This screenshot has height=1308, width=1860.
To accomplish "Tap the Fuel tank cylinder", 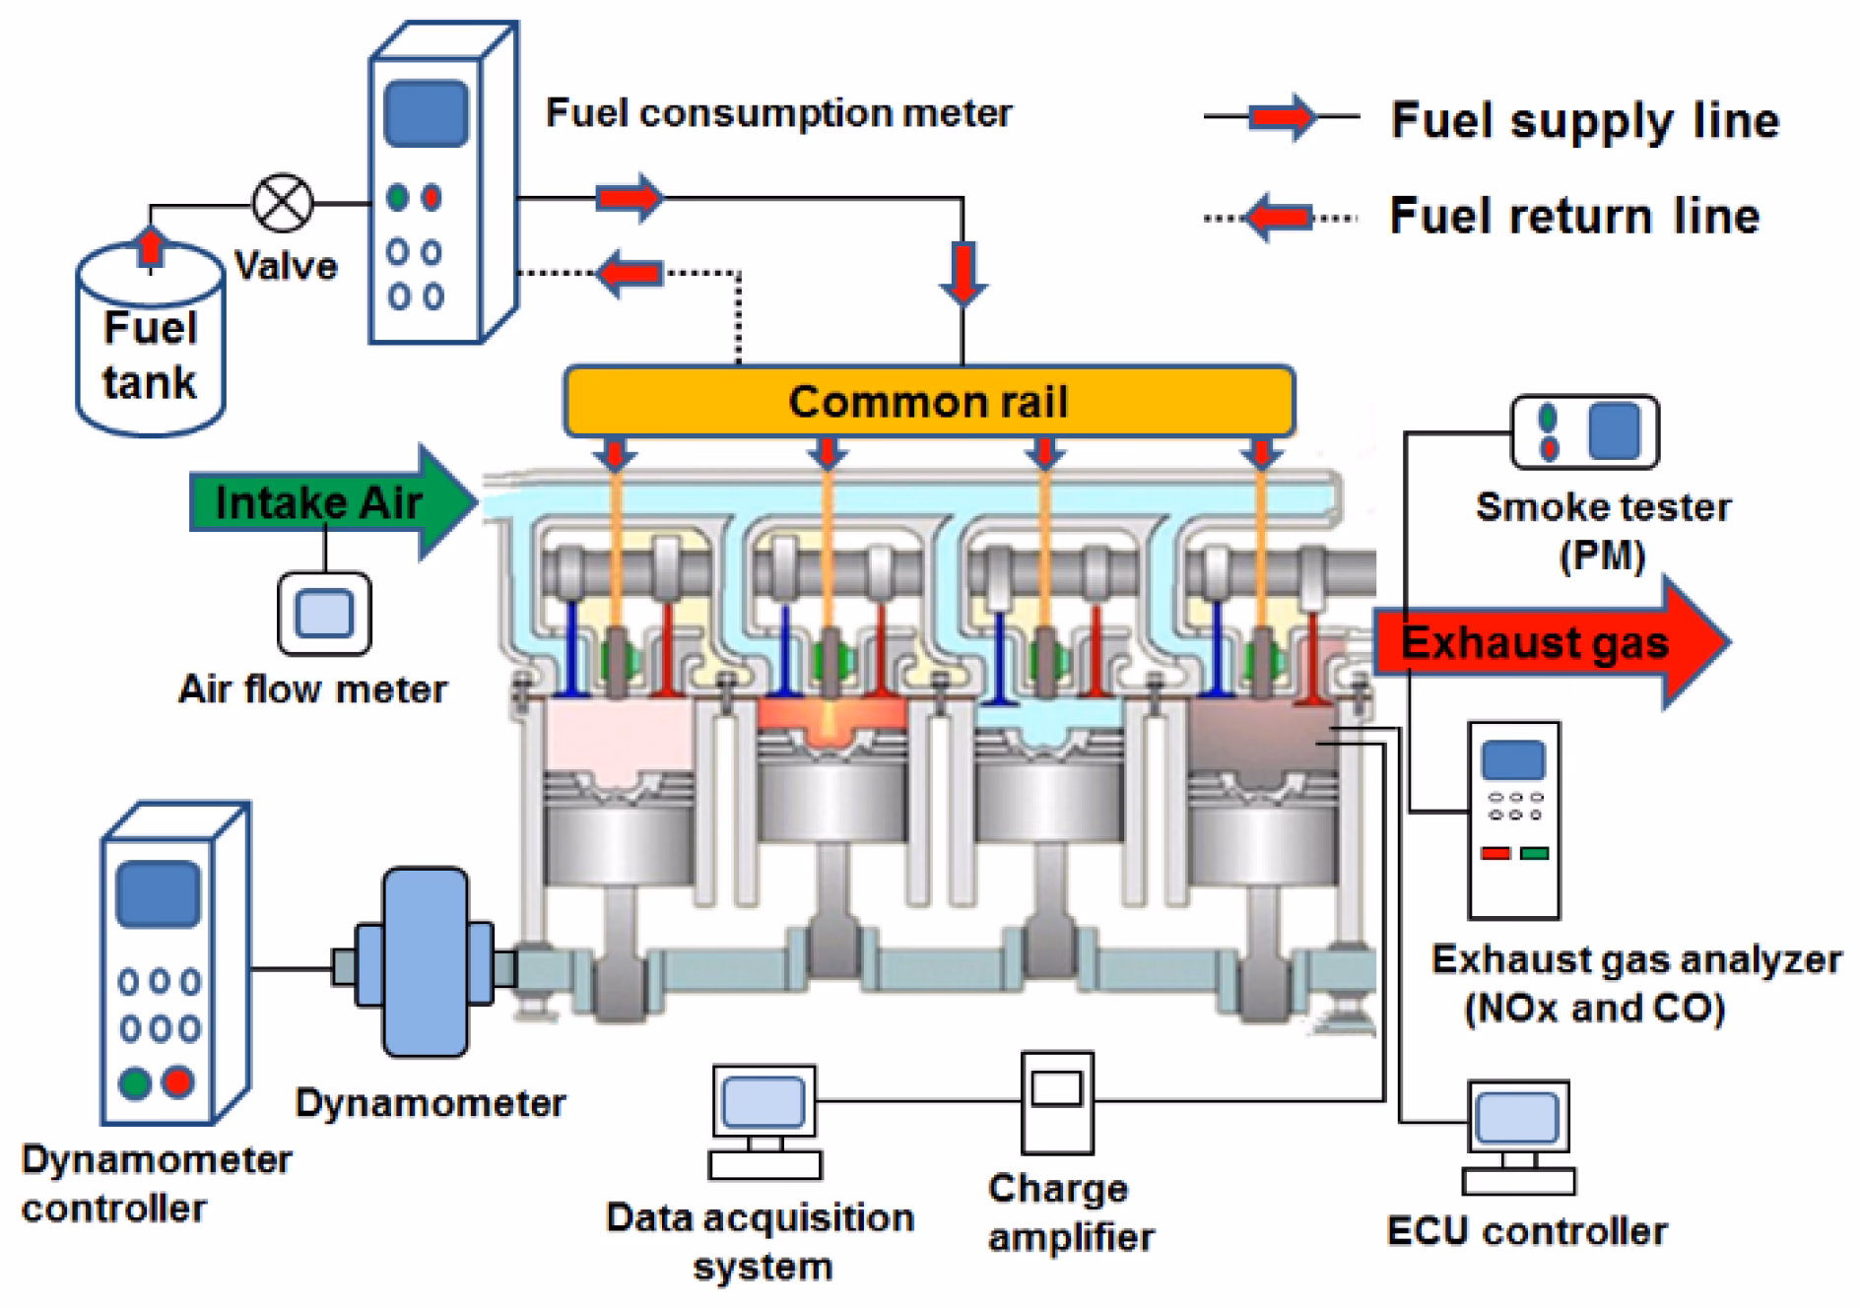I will [151, 345].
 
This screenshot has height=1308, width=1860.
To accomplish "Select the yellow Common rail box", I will [928, 401].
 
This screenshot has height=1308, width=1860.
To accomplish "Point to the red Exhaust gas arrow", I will [1547, 642].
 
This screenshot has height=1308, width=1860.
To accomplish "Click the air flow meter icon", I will [324, 614].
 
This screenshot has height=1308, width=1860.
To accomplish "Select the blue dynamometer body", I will [425, 962].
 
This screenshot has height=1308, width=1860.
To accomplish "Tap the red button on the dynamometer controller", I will [178, 1082].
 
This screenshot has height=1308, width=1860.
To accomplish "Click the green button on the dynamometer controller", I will [135, 1082].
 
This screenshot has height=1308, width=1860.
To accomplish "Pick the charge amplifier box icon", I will [1057, 1101].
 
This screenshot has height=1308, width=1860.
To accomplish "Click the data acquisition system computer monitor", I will [764, 1101].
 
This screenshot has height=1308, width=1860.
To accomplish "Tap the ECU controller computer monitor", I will [1517, 1119].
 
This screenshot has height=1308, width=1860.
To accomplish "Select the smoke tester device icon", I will [1584, 431].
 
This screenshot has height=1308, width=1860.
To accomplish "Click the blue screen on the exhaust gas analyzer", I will [1513, 759].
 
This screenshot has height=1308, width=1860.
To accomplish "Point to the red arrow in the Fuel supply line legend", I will [1282, 117].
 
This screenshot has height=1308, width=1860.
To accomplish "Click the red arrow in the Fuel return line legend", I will [1279, 217].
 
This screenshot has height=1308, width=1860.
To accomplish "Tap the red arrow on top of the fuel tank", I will [150, 246].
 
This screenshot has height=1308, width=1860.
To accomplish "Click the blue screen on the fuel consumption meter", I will [426, 114].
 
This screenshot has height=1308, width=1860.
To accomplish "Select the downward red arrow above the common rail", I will [963, 273].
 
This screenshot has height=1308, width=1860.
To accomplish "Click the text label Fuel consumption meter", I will [778, 113].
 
